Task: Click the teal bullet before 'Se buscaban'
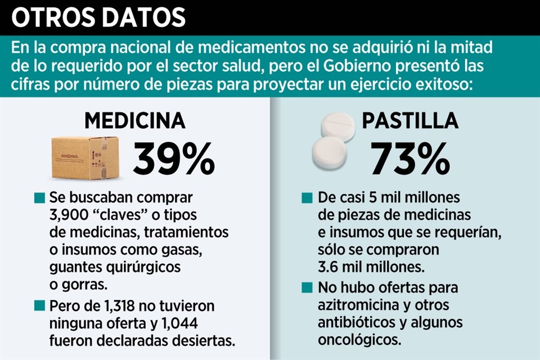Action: pyautogui.click(x=39, y=199)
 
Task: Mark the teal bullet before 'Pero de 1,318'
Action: pyautogui.click(x=39, y=307)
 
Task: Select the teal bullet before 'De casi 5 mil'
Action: pyautogui.click(x=307, y=199)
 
